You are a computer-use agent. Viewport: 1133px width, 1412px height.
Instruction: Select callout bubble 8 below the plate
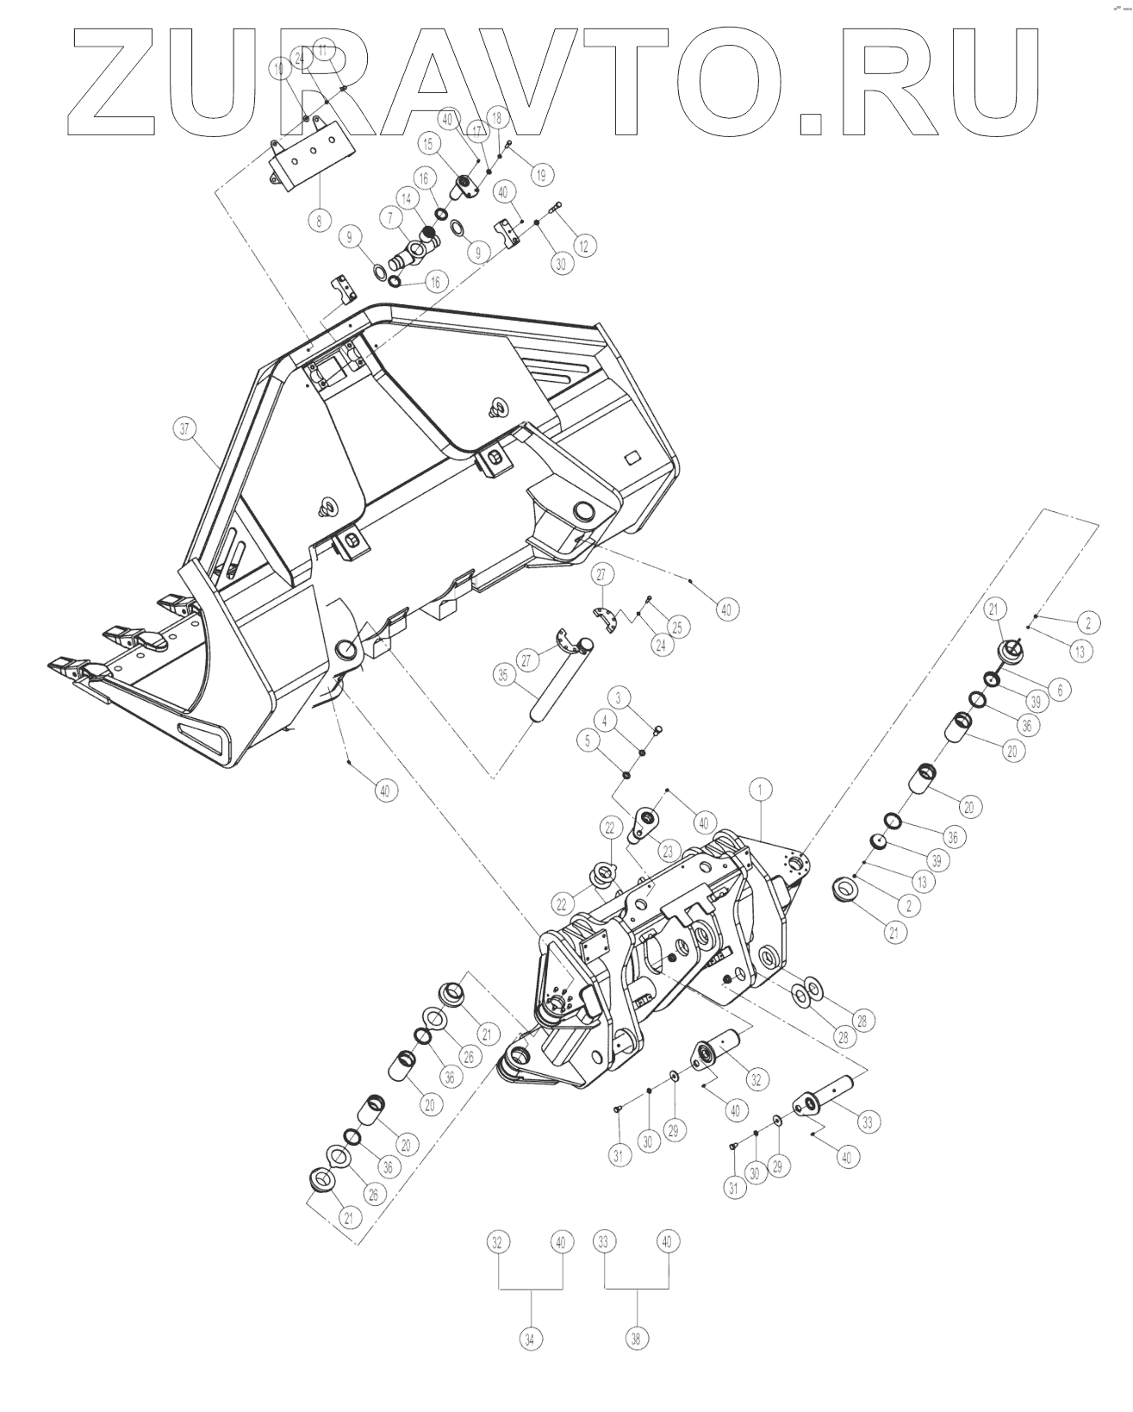pyautogui.click(x=318, y=220)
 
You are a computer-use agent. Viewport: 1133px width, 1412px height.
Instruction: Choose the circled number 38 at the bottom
pyautogui.click(x=637, y=1339)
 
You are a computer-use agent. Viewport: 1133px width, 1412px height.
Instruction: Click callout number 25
pyautogui.click(x=676, y=627)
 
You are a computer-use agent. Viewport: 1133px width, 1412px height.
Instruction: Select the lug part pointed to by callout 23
pyautogui.click(x=644, y=822)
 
